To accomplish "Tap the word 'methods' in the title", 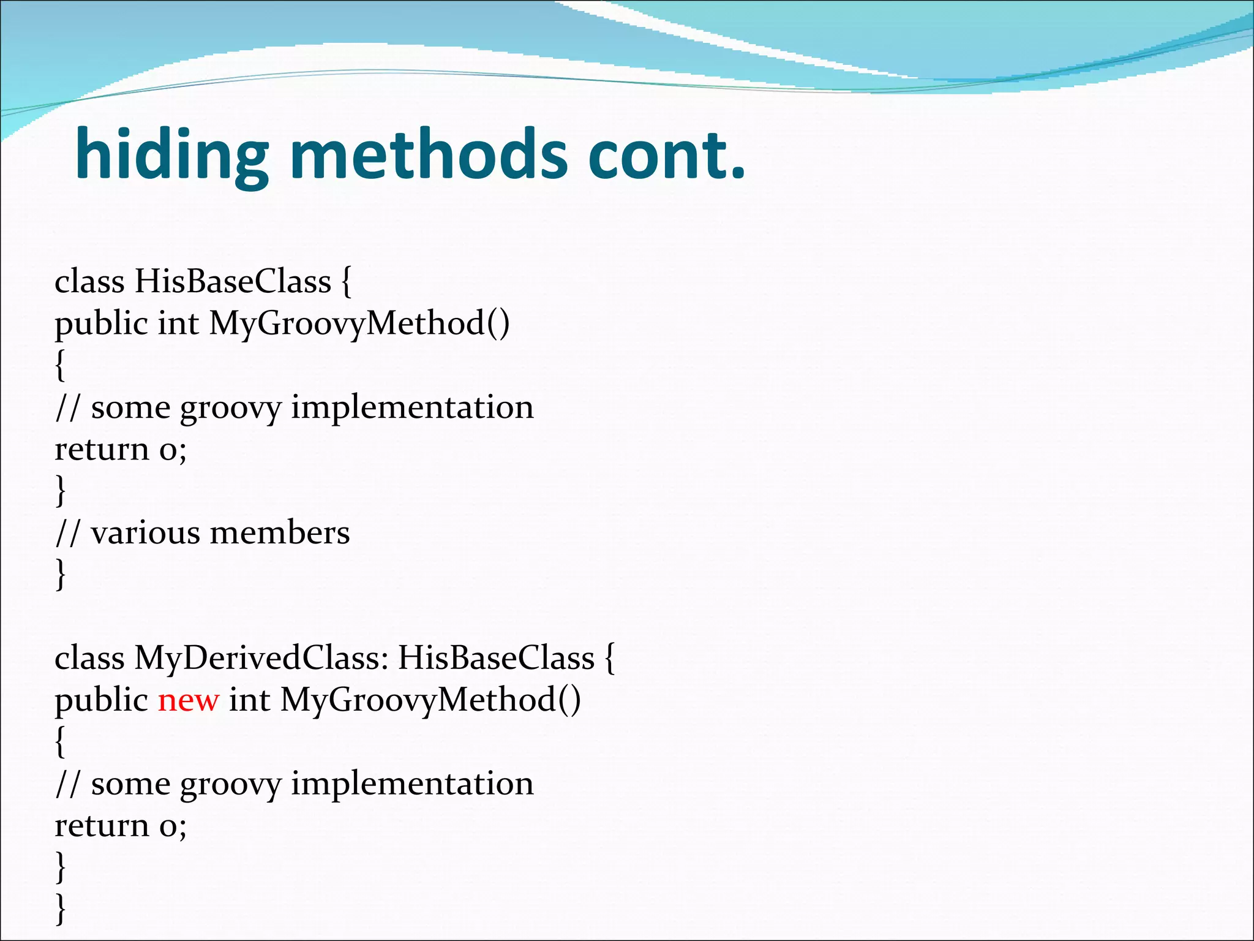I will [x=429, y=154].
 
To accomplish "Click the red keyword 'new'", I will [x=188, y=700].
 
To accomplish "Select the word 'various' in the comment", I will [x=145, y=532].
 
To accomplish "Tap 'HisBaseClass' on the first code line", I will [x=233, y=282].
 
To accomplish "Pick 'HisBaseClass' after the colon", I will [x=496, y=658].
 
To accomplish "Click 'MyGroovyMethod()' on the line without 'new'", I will [x=359, y=323].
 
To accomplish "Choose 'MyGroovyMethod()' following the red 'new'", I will [x=430, y=700].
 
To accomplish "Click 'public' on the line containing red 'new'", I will [x=101, y=700].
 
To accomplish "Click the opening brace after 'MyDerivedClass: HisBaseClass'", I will [x=610, y=658].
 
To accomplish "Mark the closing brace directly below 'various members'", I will [x=60, y=574].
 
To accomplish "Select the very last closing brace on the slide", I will [x=60, y=909].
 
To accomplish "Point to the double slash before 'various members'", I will [x=67, y=532].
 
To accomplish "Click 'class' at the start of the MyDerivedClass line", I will [x=89, y=658].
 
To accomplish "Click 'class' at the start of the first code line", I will [x=89, y=282].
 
